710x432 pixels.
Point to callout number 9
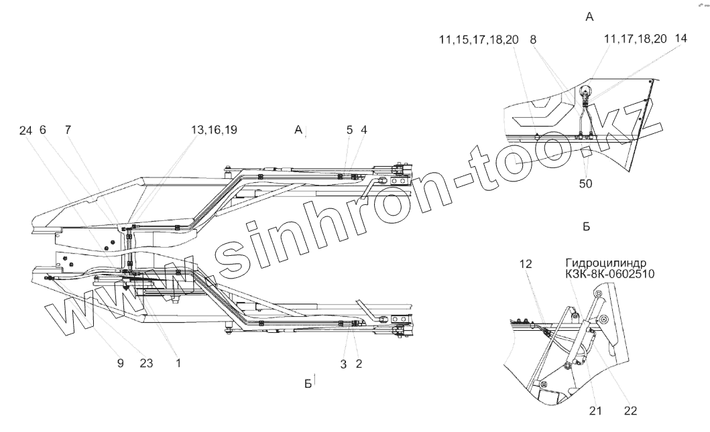click(x=120, y=364)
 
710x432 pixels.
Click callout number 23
click(x=146, y=364)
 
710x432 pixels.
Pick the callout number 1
click(x=178, y=364)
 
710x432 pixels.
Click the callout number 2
click(x=359, y=364)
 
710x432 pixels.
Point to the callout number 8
click(x=533, y=40)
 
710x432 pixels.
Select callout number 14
click(x=681, y=40)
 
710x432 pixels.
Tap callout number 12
click(x=525, y=264)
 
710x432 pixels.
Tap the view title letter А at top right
click(x=589, y=18)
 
